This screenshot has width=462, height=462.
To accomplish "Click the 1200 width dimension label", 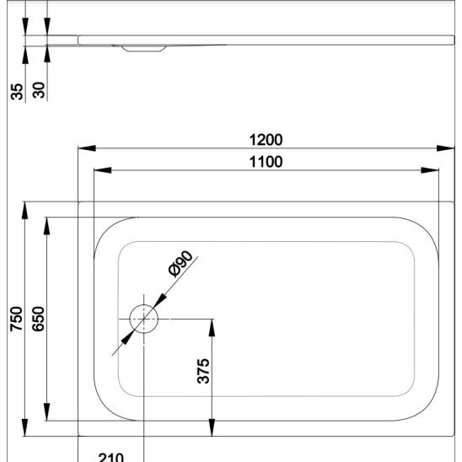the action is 266,140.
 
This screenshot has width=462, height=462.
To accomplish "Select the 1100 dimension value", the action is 266,162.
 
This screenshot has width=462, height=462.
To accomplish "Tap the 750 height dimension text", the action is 16,319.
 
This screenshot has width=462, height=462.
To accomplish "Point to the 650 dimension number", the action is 38,319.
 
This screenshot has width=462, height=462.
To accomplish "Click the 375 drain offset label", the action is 203,371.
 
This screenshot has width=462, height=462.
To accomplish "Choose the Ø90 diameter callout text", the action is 180,263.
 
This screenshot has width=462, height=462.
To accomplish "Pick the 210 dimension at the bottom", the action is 111,458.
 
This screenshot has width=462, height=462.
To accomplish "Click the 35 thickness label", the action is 17,92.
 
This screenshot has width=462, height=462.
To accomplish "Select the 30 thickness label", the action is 39,90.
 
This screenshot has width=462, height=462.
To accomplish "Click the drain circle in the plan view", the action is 144,304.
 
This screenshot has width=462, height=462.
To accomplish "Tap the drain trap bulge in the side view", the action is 144,49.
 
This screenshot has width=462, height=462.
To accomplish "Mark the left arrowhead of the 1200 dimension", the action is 87,148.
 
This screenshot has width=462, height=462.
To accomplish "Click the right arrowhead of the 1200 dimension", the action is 445,148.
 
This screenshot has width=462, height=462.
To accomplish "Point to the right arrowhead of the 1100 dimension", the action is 430,170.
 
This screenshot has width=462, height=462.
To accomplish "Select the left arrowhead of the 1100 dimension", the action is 103,170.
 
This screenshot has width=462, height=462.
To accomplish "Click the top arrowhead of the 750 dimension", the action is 25,211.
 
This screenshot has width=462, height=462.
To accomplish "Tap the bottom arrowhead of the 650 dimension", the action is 47,412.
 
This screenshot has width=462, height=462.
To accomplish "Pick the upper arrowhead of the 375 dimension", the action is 212,328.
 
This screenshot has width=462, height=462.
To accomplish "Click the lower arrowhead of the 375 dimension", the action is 212,427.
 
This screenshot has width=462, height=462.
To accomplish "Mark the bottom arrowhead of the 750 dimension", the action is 25,427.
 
